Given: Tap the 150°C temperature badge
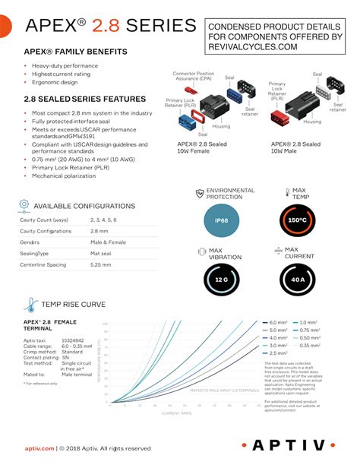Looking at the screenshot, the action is click(296, 220).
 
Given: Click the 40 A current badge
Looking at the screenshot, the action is click(296, 280).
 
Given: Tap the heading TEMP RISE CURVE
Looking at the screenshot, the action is click(74, 305).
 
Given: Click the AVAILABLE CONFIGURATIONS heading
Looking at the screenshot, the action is click(84, 206).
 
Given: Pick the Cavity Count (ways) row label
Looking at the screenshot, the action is click(43, 219).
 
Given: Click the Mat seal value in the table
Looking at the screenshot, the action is click(101, 253).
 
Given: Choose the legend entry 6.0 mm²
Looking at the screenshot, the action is click(277, 323).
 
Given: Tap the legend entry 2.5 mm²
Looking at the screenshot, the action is click(277, 353).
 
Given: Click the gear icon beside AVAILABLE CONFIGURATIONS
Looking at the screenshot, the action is click(24, 205).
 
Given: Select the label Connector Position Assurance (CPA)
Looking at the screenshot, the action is click(200, 75).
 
